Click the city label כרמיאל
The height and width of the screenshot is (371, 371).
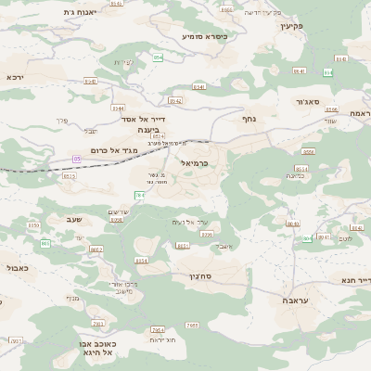click(191, 162)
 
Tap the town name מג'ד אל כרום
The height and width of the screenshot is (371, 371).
click(115, 149)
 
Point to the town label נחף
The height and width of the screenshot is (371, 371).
click(249, 119)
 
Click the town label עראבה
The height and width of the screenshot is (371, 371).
click(294, 301)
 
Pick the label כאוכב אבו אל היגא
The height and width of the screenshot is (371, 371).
click(95, 347)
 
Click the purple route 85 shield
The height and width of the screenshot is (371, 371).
click(77, 160)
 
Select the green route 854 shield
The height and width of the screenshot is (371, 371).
click(158, 58)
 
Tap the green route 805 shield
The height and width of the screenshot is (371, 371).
click(45, 243)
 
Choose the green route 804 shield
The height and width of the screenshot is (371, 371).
click(306, 238)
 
